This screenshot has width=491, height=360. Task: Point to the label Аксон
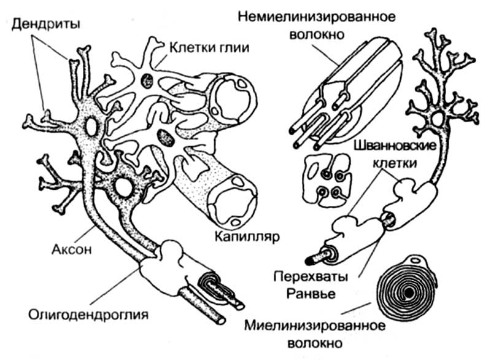click(x=68, y=250)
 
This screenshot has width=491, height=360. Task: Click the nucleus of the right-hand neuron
click(x=438, y=118)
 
